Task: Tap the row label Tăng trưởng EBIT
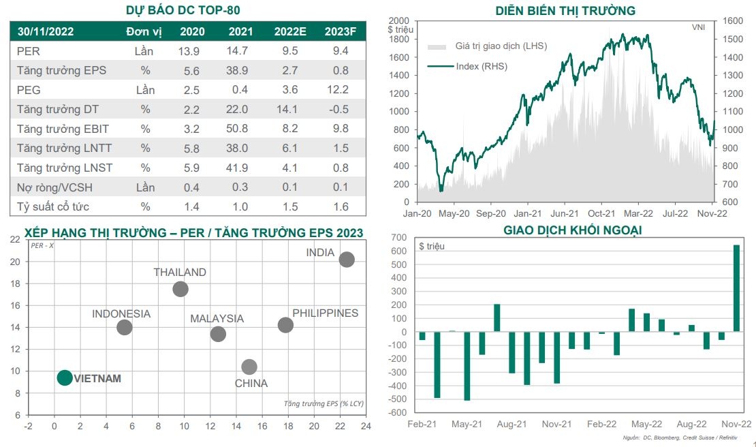tap(63, 129)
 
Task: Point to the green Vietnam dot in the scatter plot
tap(65, 377)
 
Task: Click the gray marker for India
tap(347, 260)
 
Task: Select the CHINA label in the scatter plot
tap(251, 384)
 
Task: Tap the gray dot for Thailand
tap(180, 289)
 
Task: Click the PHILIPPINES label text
tap(325, 313)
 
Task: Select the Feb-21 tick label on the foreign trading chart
tap(422, 424)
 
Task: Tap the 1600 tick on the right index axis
tap(733, 21)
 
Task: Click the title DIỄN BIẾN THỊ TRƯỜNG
tap(567, 10)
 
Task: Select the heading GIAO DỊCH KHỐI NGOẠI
tap(572, 230)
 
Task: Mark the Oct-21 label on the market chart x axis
tap(601, 213)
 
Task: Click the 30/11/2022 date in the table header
tap(46, 31)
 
